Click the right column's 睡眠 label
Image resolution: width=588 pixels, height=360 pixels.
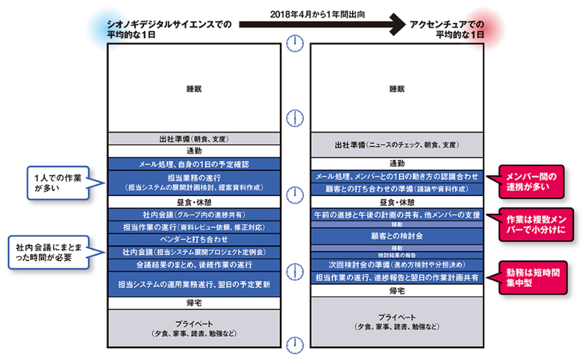click(397, 89)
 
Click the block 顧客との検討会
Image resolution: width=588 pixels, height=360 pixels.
click(397, 237)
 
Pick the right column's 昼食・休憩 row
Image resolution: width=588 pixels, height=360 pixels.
click(397, 201)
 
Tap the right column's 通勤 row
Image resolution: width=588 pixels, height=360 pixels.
click(397, 163)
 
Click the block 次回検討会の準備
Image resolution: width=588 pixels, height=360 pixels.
click(397, 264)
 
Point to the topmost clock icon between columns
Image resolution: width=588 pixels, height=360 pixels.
click(295, 42)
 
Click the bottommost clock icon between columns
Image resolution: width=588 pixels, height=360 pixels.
click(295, 343)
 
